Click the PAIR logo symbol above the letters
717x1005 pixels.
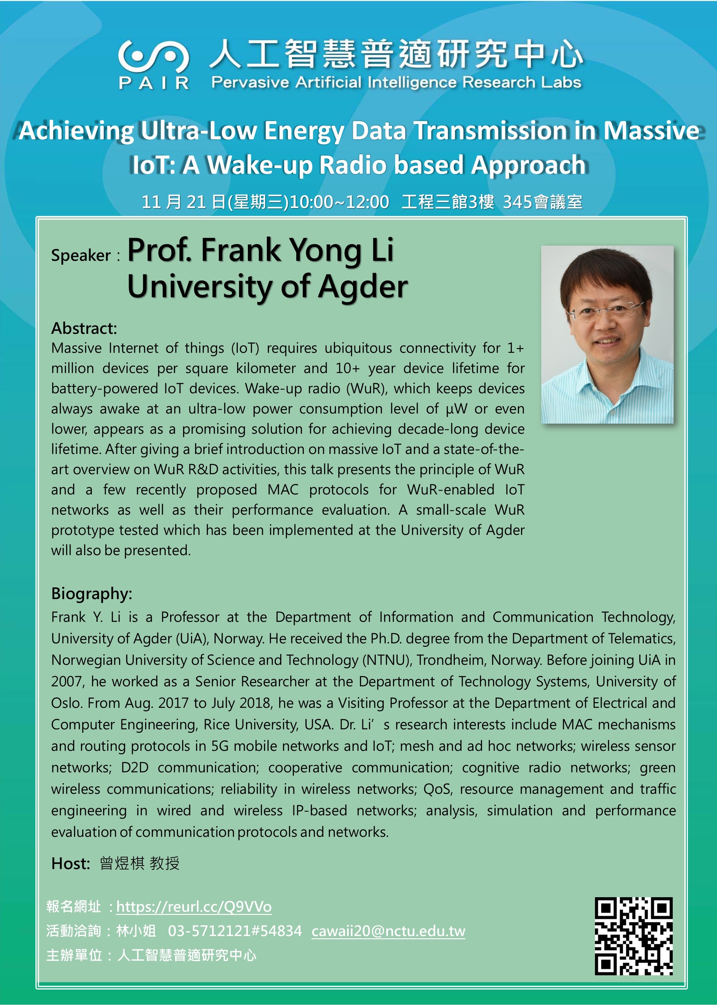tap(153, 57)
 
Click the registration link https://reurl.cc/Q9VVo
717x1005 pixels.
tap(194, 907)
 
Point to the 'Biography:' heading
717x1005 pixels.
tap(91, 594)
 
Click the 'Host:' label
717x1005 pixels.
tap(70, 863)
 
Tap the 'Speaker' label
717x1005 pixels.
tap(81, 255)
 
